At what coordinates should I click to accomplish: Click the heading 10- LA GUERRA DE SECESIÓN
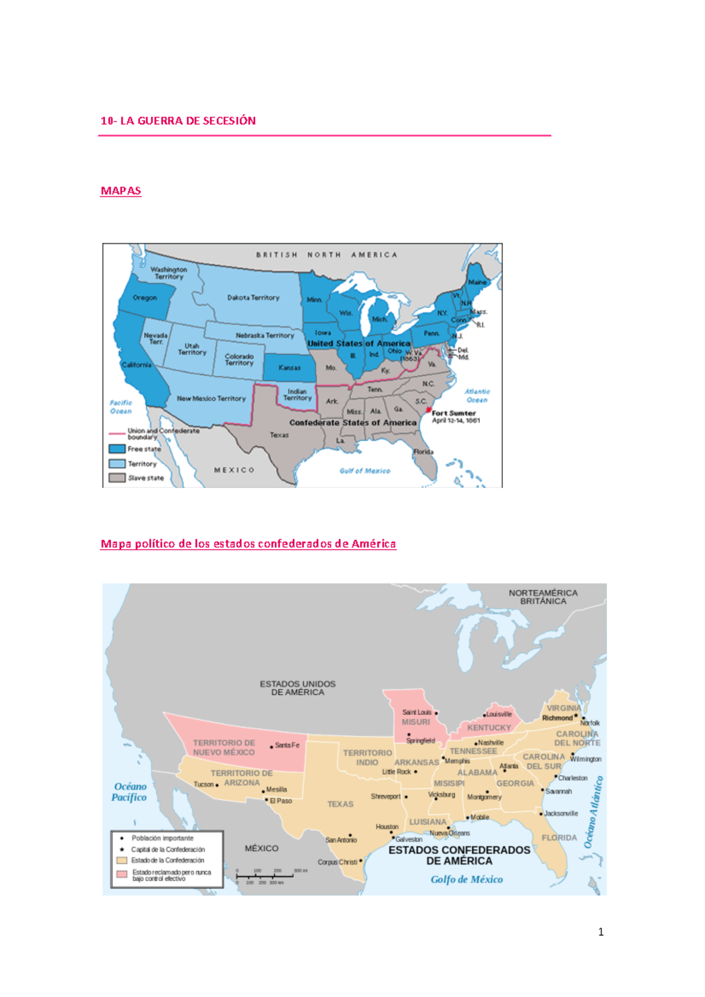(x=178, y=121)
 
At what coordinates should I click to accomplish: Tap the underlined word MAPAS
(x=120, y=191)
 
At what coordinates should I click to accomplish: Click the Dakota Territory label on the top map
(x=253, y=298)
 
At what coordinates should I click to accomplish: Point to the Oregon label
(x=145, y=298)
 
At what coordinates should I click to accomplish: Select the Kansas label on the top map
(x=289, y=368)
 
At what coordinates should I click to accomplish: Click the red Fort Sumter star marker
(x=429, y=410)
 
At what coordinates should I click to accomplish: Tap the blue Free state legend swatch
(x=117, y=449)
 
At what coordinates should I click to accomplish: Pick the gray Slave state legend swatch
(x=117, y=478)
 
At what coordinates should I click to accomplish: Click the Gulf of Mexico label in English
(x=364, y=471)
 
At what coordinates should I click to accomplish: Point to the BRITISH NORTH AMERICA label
(x=327, y=255)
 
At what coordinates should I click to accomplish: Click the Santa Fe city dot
(x=271, y=747)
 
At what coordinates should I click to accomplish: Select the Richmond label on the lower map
(x=557, y=718)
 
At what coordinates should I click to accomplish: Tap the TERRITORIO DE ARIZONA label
(x=241, y=778)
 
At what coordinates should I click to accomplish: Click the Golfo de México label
(x=466, y=880)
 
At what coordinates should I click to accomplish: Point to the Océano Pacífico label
(x=130, y=791)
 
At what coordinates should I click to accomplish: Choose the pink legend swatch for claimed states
(x=122, y=874)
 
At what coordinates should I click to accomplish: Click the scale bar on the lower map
(x=264, y=876)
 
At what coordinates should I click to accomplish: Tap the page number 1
(x=600, y=932)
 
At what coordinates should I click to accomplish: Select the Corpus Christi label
(x=337, y=863)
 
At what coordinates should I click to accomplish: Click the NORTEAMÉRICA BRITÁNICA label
(x=543, y=597)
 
